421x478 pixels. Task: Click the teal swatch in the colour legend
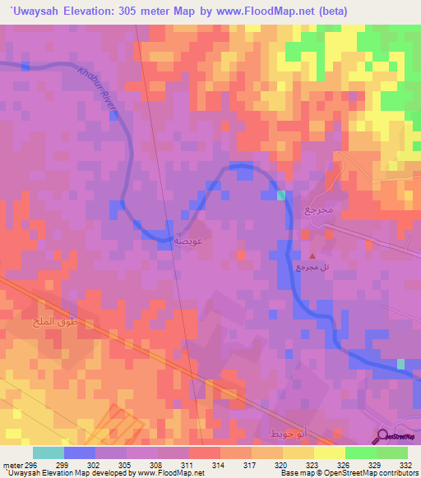[x=48, y=453]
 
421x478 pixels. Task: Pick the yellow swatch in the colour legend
[x=329, y=453]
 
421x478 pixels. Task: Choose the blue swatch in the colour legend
[x=79, y=453]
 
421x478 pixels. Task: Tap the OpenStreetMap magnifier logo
[x=383, y=435]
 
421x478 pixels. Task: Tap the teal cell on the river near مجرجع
[x=281, y=195]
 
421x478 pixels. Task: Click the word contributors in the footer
[x=400, y=472]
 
